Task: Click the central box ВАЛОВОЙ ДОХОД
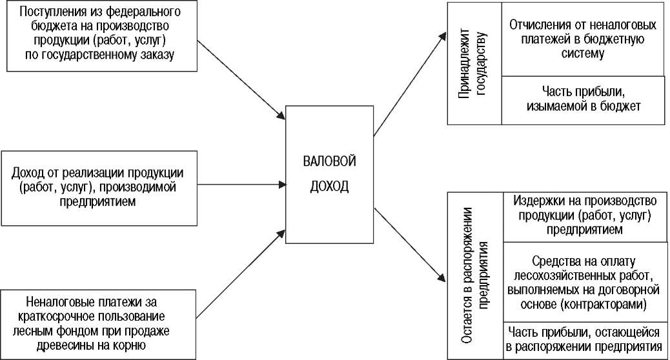pos(329,175)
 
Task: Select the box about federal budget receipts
pos(102,36)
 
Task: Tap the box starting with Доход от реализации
pos(99,188)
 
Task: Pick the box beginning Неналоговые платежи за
pos(98,325)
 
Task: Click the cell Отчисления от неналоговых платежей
pos(583,39)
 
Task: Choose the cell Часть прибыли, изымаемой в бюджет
pos(583,101)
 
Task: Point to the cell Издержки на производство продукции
pos(585,217)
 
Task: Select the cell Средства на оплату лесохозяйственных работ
pos(585,282)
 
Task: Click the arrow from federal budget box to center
pos(241,80)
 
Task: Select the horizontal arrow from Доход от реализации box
pos(241,185)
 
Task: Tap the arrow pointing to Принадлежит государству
pos(411,84)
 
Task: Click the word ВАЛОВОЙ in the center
pos(329,161)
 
